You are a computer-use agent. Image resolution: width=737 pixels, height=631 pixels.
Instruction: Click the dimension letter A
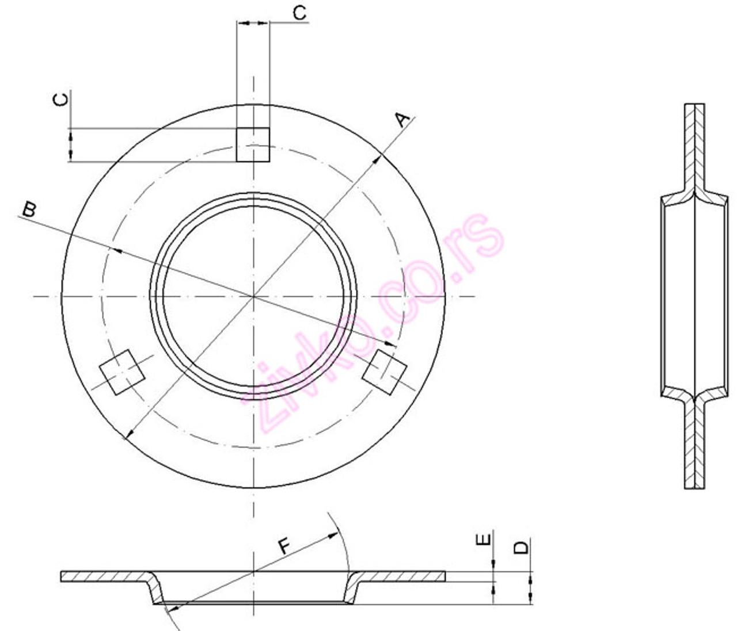tap(404, 120)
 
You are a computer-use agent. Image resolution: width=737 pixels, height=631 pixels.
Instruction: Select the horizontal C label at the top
tap(299, 13)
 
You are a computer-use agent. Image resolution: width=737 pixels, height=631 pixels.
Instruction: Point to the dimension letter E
tap(485, 539)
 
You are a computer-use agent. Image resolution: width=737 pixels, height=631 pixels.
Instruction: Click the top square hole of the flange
tap(253, 144)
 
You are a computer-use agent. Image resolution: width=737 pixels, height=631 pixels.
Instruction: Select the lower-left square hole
tap(121, 373)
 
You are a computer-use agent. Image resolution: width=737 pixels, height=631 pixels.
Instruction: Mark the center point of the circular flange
tap(253, 296)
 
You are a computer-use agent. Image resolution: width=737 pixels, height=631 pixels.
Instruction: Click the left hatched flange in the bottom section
tap(104, 576)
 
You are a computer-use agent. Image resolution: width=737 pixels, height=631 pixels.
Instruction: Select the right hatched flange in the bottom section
tap(403, 576)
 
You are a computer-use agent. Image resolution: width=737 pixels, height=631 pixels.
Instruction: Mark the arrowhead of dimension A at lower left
tap(128, 435)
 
